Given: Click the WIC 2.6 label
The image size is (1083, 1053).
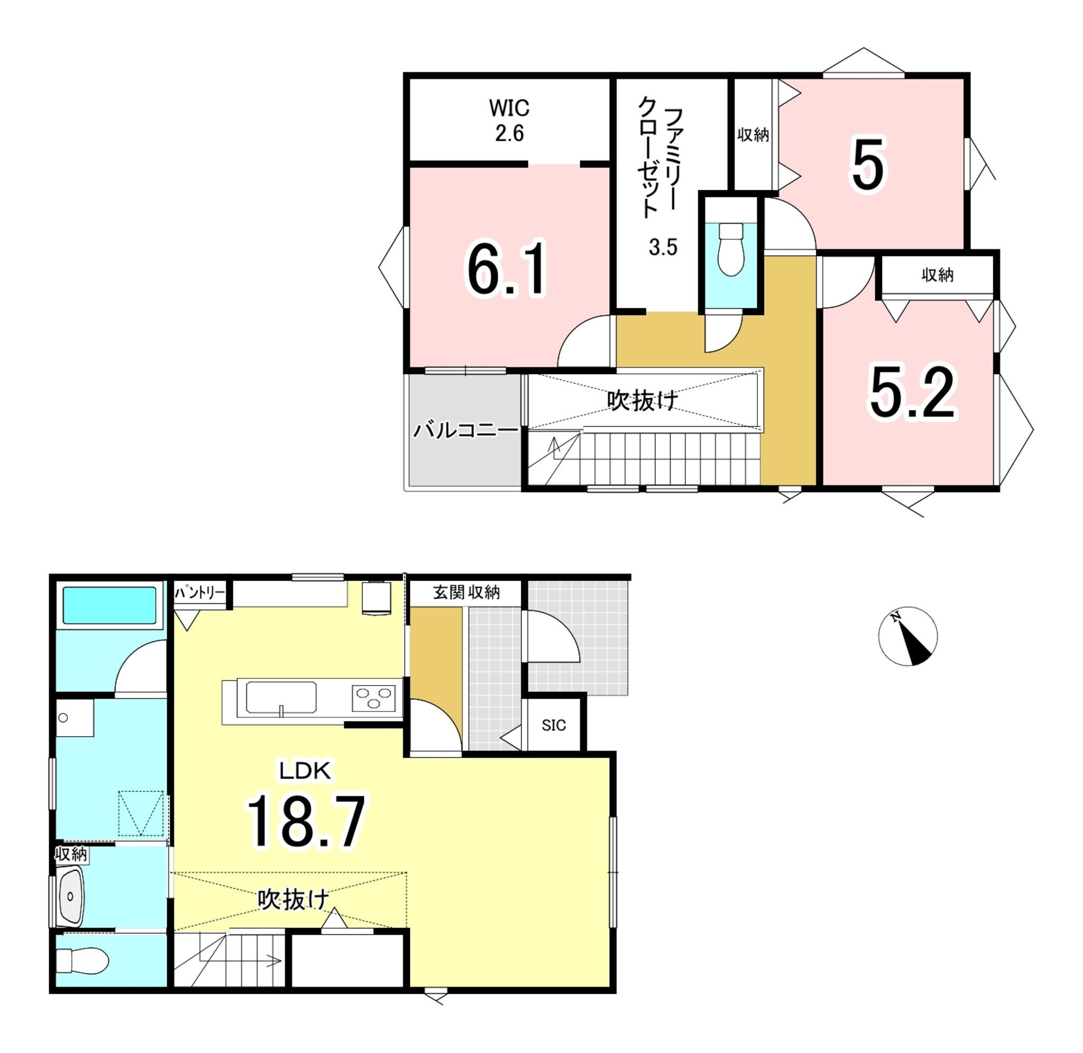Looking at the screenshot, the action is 509,121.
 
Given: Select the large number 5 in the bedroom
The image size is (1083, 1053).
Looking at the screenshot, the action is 867,164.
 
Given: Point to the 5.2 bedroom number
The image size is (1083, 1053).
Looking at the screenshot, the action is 912,392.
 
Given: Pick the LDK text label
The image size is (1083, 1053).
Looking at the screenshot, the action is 305,771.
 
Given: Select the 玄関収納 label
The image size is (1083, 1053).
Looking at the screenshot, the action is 466,592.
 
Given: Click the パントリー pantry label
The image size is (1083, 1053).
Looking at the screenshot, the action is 199,593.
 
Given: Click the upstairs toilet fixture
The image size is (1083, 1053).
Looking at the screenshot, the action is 731,249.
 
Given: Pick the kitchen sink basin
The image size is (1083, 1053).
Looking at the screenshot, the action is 281,698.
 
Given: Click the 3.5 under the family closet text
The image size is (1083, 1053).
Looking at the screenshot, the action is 663,247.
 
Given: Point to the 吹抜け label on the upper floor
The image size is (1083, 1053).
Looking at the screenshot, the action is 643,400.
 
